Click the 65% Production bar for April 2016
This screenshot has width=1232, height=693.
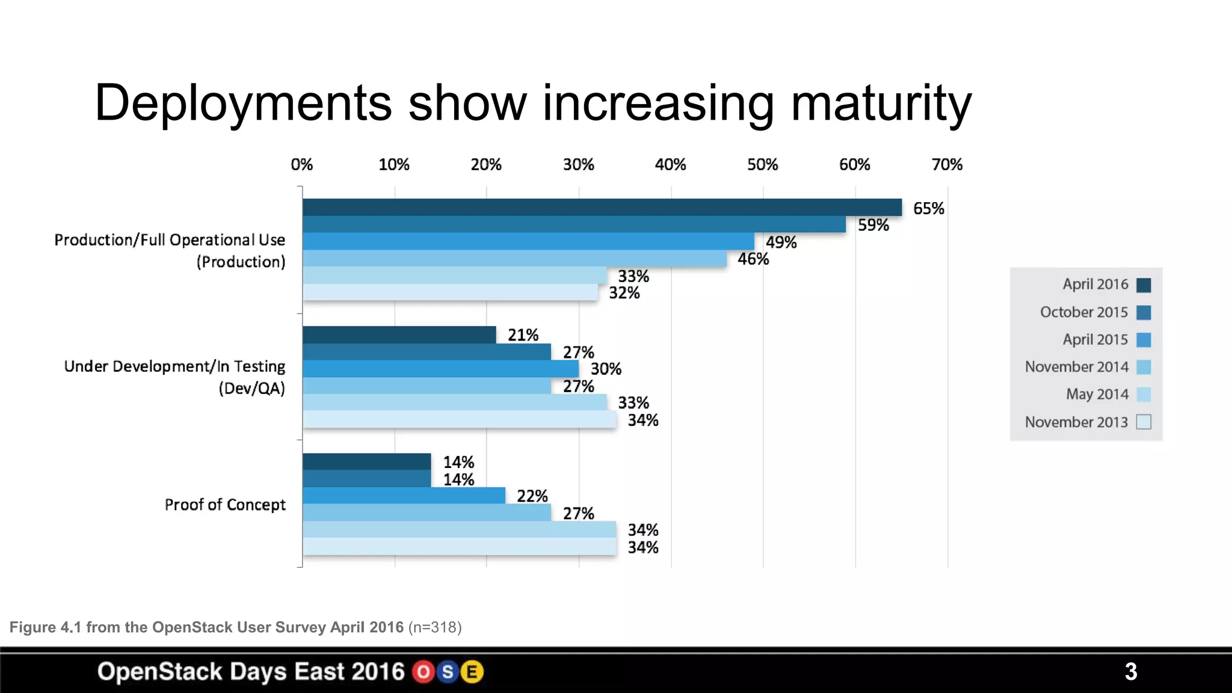pyautogui.click(x=602, y=208)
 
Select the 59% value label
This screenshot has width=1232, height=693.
pyautogui.click(x=873, y=225)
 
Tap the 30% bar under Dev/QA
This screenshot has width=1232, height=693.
pyautogui.click(x=440, y=369)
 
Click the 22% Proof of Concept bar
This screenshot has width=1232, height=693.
pyautogui.click(x=404, y=496)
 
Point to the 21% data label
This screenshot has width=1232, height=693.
pyautogui.click(x=523, y=335)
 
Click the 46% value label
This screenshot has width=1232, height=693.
pyautogui.click(x=753, y=259)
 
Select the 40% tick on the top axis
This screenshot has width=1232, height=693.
pyautogui.click(x=670, y=165)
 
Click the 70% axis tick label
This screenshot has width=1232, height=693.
pyautogui.click(x=947, y=165)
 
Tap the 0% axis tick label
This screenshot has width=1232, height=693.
pyautogui.click(x=301, y=165)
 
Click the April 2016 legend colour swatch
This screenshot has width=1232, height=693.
pyautogui.click(x=1144, y=285)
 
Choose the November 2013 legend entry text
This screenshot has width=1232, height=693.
pyautogui.click(x=1076, y=422)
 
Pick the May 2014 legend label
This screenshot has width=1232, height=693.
pyautogui.click(x=1097, y=395)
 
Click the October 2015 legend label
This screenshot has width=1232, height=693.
pyautogui.click(x=1083, y=312)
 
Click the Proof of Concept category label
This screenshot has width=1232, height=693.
pyautogui.click(x=225, y=505)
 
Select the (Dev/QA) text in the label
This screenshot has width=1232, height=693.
pyautogui.click(x=251, y=389)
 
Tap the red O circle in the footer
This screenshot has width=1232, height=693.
pyautogui.click(x=423, y=672)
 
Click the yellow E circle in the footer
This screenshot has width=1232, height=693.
pyautogui.click(x=472, y=672)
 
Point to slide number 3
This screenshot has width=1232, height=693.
pyautogui.click(x=1130, y=671)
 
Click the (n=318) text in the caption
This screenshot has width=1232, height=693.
pyautogui.click(x=435, y=627)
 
